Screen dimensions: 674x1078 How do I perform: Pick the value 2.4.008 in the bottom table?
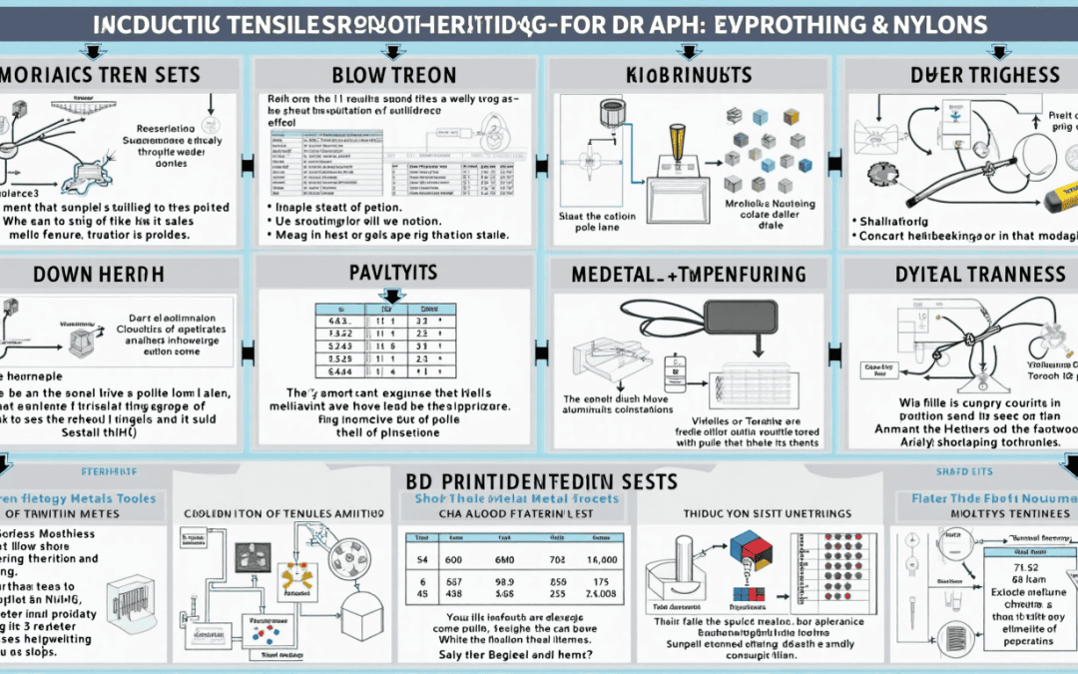pos(602,591)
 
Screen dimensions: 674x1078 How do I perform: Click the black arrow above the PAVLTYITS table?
pos(390,295)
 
